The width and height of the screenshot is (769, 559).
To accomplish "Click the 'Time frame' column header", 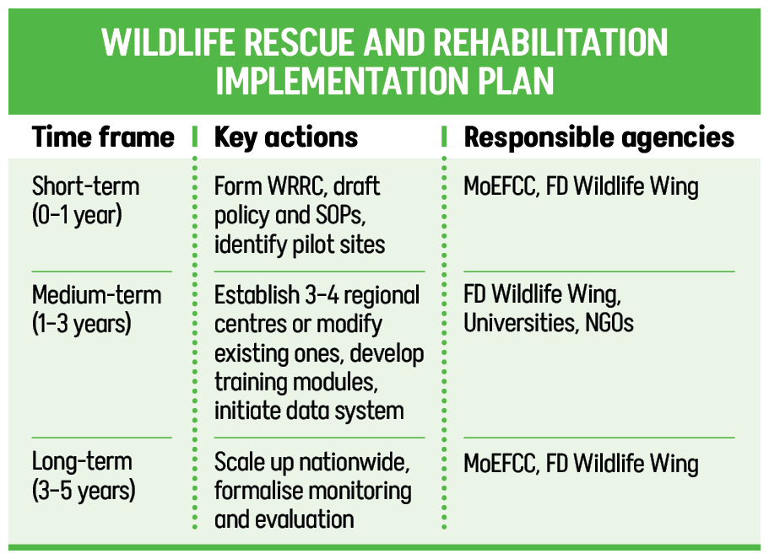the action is pos(103,137).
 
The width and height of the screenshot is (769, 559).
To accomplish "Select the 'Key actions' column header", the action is pos(286,137).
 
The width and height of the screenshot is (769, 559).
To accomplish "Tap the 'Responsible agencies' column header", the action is pos(598,137).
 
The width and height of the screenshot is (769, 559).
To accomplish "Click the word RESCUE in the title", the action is pos(299,42).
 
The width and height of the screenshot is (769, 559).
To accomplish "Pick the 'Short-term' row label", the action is pos(86,186).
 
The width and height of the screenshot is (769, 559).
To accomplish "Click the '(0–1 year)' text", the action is pos(77,215).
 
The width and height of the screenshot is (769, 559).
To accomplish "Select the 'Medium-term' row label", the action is pos(96,295).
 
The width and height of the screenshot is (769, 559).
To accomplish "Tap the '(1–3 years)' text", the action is pos(82,324).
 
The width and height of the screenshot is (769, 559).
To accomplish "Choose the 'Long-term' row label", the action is pos(83,462).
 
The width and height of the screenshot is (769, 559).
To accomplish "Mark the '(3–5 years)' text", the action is pos(84,491).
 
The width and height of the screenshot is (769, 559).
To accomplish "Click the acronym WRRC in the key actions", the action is pos(297,186).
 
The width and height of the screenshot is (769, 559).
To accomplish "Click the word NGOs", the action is pos(609,323).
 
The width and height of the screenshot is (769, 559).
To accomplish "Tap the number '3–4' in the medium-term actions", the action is pos(322,295).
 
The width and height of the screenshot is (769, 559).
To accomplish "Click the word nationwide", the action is pos(354,462).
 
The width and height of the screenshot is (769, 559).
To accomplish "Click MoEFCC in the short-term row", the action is pos(501,186).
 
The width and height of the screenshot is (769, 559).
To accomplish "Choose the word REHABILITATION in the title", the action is pos(550,42).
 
